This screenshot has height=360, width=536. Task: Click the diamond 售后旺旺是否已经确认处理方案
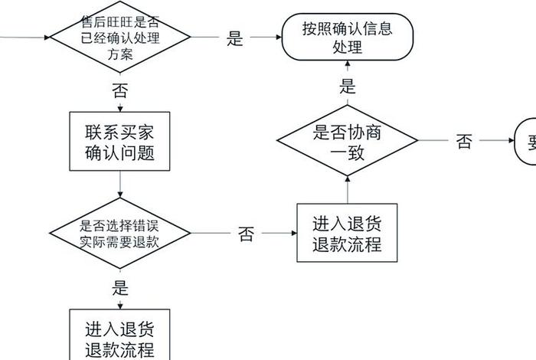click(x=120, y=37)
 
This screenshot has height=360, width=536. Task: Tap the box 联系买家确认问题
click(x=120, y=142)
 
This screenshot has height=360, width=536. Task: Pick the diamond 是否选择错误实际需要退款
click(x=120, y=233)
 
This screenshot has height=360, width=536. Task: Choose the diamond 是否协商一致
click(x=347, y=142)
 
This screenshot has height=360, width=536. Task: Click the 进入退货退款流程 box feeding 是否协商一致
click(x=347, y=234)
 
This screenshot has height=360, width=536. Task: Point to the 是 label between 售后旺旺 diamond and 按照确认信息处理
click(x=235, y=38)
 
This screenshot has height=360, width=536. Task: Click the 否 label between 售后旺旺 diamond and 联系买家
click(x=120, y=92)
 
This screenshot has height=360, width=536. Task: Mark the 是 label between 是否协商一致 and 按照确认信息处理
click(x=348, y=86)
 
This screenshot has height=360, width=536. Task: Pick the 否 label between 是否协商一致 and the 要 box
click(x=464, y=142)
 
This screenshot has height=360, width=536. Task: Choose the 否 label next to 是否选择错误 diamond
click(x=246, y=234)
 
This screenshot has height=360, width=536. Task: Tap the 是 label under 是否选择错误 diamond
click(x=120, y=288)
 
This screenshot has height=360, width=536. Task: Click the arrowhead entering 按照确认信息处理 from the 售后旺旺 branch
click(x=277, y=37)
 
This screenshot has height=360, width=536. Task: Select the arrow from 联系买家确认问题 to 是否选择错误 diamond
click(x=120, y=184)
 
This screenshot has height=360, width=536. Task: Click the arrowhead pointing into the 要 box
click(x=512, y=141)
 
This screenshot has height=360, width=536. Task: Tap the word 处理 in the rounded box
click(x=348, y=47)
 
